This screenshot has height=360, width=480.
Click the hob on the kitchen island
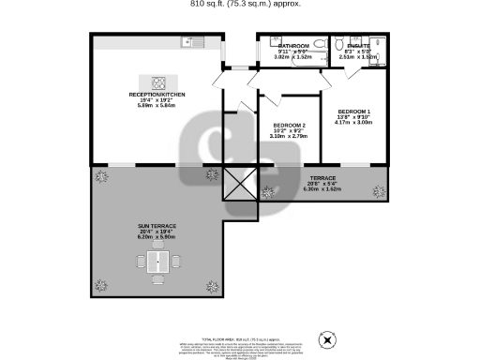[x=153, y=81]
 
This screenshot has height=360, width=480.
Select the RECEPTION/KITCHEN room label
[x=152, y=97]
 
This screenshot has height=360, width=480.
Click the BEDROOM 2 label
[x=290, y=126]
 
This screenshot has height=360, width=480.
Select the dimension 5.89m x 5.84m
[x=152, y=103]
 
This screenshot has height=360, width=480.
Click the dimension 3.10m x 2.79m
[x=290, y=137]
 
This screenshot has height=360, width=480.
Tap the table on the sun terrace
[x=159, y=265]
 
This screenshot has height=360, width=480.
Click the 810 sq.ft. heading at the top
[x=239, y=4]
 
